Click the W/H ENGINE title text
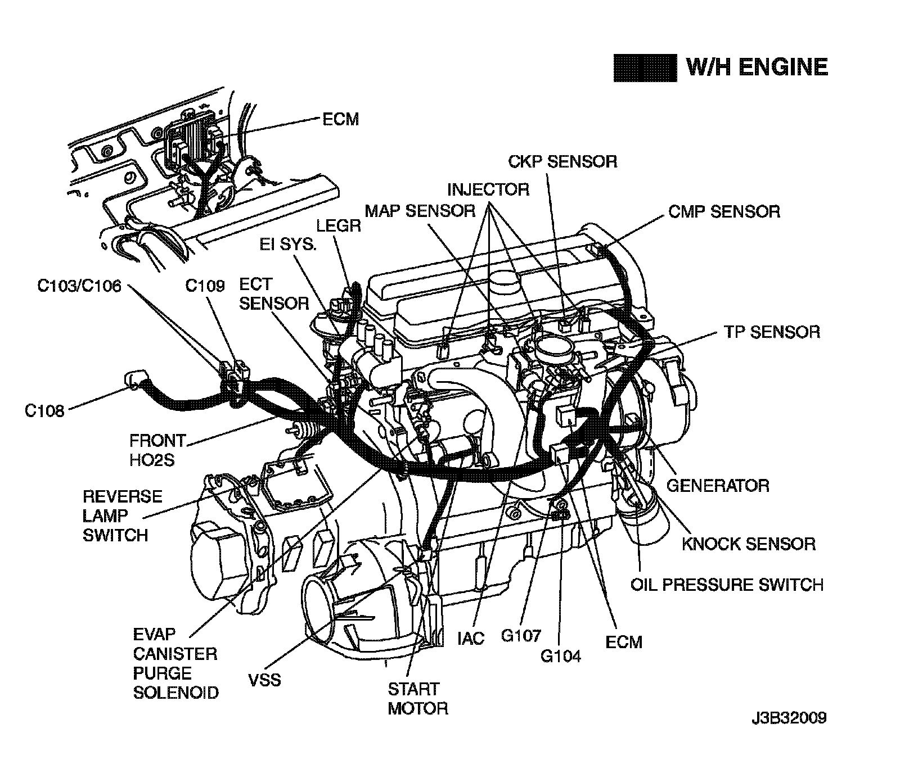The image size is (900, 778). click(x=757, y=67)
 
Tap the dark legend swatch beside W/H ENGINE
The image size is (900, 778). click(x=645, y=68)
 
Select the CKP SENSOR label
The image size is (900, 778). click(x=562, y=161)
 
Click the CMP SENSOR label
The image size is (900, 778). click(x=724, y=211)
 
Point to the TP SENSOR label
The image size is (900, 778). click(x=772, y=332)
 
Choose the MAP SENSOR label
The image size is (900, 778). click(x=420, y=211)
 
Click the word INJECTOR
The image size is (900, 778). click(x=488, y=189)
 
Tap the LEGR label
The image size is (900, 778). click(x=338, y=225)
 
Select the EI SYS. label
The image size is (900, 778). click(x=288, y=245)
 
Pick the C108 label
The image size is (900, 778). click(x=45, y=411)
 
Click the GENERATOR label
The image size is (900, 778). click(x=718, y=485)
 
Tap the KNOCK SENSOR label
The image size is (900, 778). click(x=749, y=544)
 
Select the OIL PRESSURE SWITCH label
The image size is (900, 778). click(x=727, y=585)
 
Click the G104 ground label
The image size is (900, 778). click(x=561, y=655)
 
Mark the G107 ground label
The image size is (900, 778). click(x=521, y=636)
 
